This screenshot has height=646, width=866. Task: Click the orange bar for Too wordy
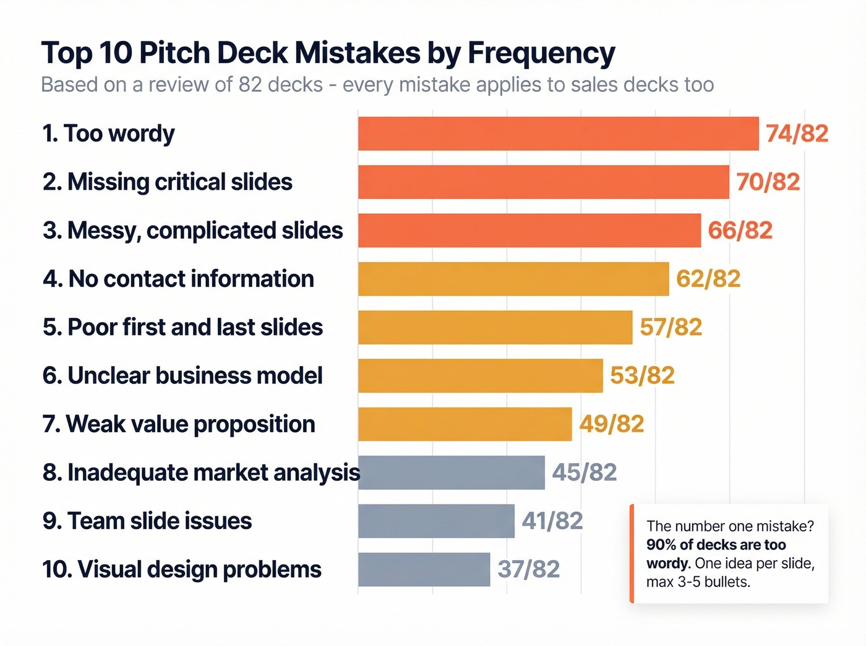coord(558,134)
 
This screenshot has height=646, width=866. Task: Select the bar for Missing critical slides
coord(543,182)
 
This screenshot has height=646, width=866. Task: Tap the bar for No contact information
coord(513,279)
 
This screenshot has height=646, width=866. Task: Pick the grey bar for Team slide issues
coord(436,521)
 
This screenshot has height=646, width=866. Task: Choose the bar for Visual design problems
coord(424,569)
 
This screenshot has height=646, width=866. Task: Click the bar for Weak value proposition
coord(465,424)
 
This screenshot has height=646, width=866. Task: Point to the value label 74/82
coord(797,134)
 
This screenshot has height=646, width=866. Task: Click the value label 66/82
coord(740,231)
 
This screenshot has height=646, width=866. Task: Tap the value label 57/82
coord(671,327)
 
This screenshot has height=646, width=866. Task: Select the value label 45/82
coord(584,473)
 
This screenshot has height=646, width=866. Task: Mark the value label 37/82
coord(528,569)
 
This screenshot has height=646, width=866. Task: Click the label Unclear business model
coord(182,376)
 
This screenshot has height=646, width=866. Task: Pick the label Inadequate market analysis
coord(201,473)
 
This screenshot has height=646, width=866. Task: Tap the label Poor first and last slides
coord(182,327)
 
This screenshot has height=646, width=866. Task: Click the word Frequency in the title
coord(541,53)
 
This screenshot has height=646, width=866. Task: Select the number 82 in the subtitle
coord(251,85)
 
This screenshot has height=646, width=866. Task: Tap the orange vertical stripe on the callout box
coord(632,554)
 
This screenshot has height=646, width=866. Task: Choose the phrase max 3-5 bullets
coord(698,582)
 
